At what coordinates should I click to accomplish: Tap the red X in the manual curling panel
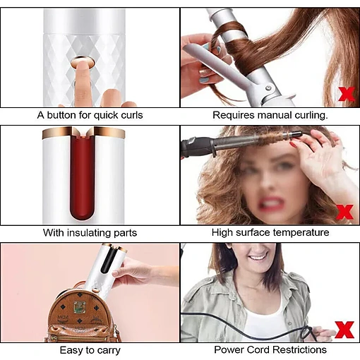[347, 94]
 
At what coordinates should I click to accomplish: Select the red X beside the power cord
[344, 330]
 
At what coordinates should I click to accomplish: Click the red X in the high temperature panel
[345, 212]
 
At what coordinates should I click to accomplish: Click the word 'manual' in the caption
[275, 115]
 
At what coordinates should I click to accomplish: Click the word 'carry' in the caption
[109, 351]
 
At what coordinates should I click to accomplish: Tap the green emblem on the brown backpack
[79, 307]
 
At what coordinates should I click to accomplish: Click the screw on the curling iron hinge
[268, 88]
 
